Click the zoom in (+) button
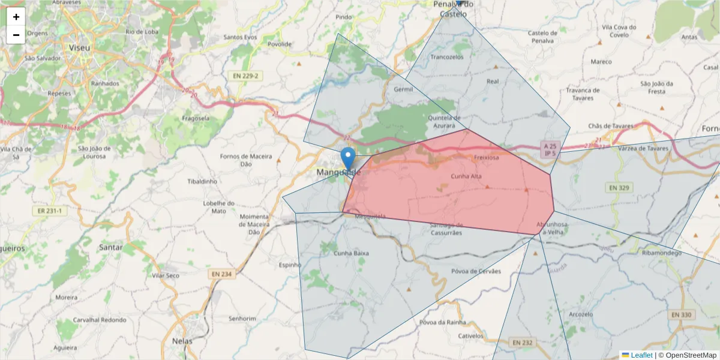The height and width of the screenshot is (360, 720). tap(16, 17)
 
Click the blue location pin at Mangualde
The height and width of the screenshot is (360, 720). tap(347, 158)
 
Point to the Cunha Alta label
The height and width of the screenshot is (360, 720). tap(466, 176)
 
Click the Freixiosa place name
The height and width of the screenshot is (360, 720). tap(486, 158)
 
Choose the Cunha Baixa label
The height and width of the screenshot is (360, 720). tap(351, 254)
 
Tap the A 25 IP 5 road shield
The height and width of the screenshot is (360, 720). tap(550, 149)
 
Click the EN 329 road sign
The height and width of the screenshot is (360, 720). tap(619, 188)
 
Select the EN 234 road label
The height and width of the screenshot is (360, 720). tap(221, 274)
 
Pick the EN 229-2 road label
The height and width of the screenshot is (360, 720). tap(247, 76)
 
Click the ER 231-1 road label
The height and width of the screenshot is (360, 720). tap(47, 211)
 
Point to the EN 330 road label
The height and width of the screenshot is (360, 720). tap(681, 314)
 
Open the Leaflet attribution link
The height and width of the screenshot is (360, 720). tap(641, 355)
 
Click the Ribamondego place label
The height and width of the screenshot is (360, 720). tap(661, 253)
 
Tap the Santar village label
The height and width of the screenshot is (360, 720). tap(111, 247)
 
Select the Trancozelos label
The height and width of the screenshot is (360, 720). tap(447, 57)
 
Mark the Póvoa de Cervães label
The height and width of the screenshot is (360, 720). tap(475, 271)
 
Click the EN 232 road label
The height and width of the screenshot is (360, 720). tap(522, 342)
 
